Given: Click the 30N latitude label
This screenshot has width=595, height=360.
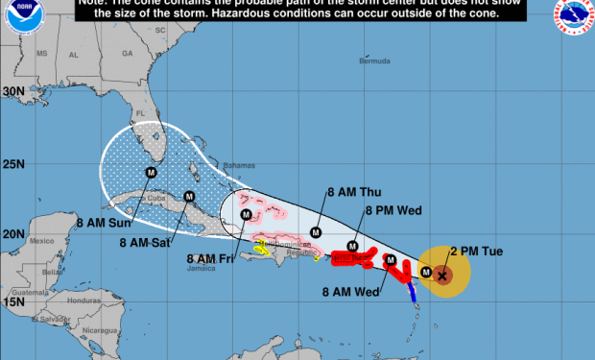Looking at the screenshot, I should point(12,91).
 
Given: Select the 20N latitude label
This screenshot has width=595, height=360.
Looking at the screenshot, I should point(12,233).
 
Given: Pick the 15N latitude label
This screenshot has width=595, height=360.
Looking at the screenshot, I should point(12,301).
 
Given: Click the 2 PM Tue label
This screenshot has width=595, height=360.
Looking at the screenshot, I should point(478,252).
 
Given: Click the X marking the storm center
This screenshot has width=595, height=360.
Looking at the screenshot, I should point(441,276).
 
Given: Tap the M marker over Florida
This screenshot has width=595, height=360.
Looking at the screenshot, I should point(151,173).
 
